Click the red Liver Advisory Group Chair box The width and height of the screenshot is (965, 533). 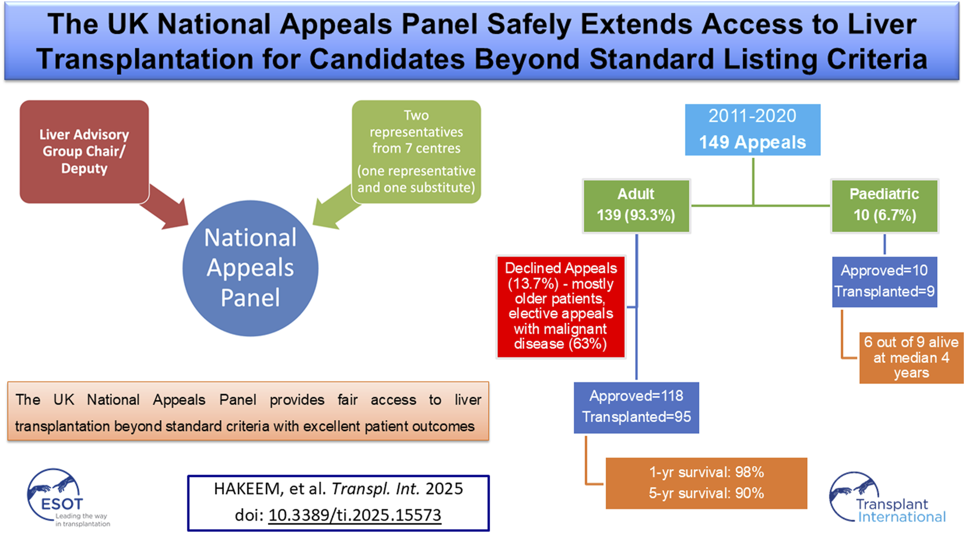(x=84, y=151)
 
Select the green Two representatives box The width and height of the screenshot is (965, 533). (x=416, y=151)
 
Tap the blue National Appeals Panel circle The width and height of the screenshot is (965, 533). (x=250, y=268)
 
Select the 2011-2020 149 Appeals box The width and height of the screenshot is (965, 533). (x=752, y=129)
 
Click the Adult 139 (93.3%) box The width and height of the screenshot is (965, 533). (x=636, y=205)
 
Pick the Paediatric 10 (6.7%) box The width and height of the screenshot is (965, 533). (x=884, y=205)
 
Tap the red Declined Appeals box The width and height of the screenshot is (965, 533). (x=560, y=306)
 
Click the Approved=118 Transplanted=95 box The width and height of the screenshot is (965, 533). (x=636, y=407)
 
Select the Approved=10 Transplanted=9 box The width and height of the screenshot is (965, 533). (x=884, y=281)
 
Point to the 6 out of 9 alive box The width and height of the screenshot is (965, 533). (x=911, y=358)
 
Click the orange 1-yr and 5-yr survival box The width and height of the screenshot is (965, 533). (x=706, y=483)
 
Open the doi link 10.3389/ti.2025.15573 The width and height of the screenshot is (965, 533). (x=355, y=515)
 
